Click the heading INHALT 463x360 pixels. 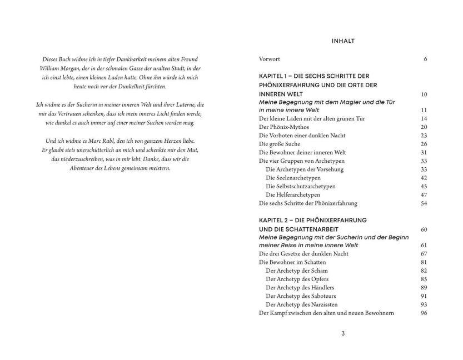click(343, 41)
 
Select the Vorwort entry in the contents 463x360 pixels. click(270, 58)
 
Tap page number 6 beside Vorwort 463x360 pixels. click(425, 58)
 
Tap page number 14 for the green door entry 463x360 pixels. click(424, 118)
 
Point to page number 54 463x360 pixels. click(424, 203)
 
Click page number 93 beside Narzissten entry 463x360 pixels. click(424, 304)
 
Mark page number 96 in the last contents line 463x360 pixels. click(424, 313)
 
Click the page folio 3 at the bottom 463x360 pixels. click(343, 333)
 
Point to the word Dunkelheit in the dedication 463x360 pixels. click(138, 86)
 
